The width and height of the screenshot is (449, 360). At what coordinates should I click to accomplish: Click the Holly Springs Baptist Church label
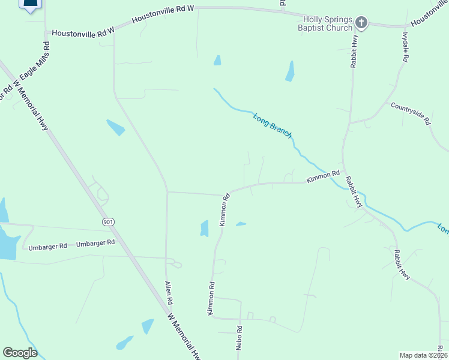click(327, 23)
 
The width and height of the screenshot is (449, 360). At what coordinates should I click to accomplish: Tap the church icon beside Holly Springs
click(361, 23)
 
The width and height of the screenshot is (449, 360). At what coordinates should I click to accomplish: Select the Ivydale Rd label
click(405, 46)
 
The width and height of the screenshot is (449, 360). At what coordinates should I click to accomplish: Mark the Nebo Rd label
click(239, 337)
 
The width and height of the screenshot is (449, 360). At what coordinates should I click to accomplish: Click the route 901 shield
click(108, 222)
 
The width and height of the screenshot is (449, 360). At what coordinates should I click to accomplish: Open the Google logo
click(20, 353)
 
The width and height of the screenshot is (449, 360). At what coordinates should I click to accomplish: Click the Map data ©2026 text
click(423, 355)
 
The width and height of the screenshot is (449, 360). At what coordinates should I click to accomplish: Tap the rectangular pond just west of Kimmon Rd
click(204, 229)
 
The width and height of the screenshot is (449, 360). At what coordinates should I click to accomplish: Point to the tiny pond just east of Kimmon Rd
click(241, 224)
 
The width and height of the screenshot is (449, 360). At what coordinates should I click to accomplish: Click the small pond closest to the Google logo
click(125, 343)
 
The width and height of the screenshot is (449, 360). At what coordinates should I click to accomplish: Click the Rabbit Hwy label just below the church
click(354, 53)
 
